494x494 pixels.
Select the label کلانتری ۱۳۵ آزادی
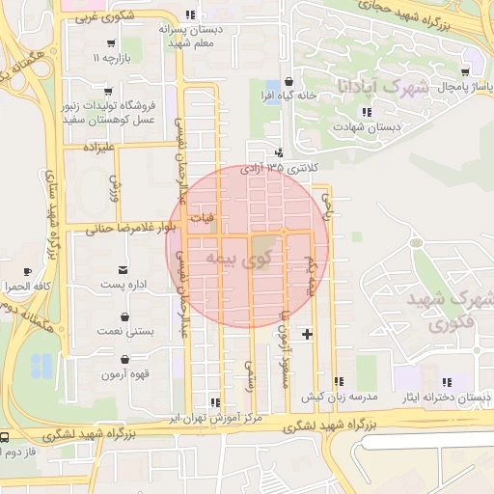coord(279,168)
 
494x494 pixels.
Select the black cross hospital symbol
coord(308,334)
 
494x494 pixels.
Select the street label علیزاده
coord(99,148)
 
